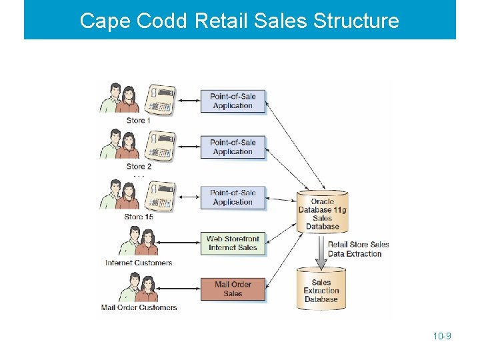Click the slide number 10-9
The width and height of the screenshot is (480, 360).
coord(442,336)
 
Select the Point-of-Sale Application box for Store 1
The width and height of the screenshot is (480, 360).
coord(233,101)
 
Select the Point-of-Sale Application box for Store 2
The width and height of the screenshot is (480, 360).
coord(233,147)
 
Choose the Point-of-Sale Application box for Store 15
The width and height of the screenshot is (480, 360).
coord(233,197)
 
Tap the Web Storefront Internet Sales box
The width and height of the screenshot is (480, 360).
coord(233,243)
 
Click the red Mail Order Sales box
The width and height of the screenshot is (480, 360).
coord(233,289)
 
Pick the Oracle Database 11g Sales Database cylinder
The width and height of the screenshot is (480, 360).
coord(322,213)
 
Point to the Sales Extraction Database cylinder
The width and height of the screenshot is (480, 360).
coord(321,289)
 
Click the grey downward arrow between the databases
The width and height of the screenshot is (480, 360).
coord(321,251)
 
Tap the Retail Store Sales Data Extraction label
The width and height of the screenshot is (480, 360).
coord(358,249)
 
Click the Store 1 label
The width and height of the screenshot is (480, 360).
coord(138,121)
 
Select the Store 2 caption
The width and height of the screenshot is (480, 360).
coord(139,167)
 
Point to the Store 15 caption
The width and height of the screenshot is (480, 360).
coord(139,217)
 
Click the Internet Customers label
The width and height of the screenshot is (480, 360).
coord(139,263)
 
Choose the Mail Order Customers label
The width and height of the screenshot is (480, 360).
coord(139,307)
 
